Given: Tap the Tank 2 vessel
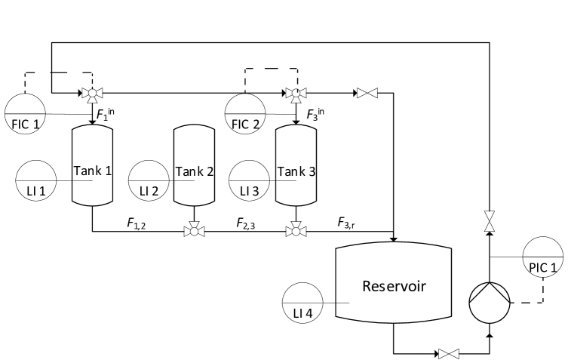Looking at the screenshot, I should (195, 167).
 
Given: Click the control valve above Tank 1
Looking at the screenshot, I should (92, 94).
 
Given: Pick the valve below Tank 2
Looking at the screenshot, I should (195, 230).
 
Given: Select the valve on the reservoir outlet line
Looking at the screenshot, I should (450, 352).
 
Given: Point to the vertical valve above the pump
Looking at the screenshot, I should (490, 221).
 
